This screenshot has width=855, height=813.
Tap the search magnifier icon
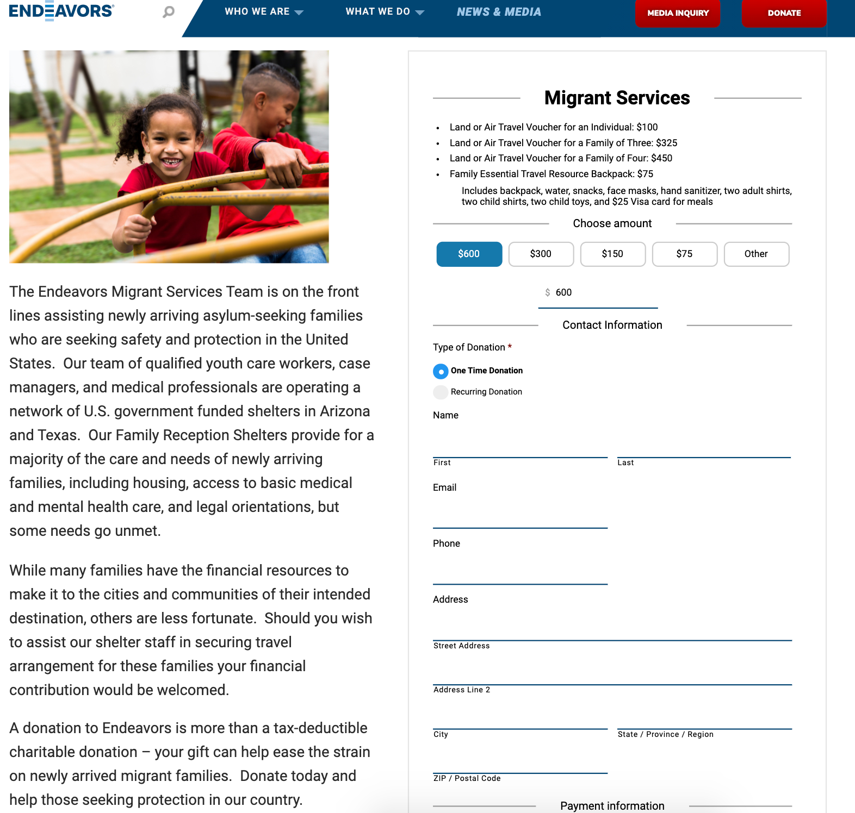click(x=169, y=11)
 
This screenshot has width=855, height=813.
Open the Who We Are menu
click(x=264, y=11)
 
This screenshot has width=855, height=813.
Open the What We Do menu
click(x=385, y=11)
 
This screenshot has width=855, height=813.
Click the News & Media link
click(x=499, y=12)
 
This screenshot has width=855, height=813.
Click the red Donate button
click(x=784, y=13)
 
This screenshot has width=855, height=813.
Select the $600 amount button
click(x=469, y=254)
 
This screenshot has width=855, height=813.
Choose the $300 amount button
click(x=541, y=254)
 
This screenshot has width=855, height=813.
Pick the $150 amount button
click(x=612, y=254)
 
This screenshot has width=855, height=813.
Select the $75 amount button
click(x=684, y=254)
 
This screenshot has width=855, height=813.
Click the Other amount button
click(x=756, y=254)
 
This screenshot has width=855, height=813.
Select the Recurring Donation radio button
click(x=441, y=392)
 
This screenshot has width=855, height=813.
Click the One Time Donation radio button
click(x=441, y=371)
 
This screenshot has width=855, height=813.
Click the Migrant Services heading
click(x=617, y=98)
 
